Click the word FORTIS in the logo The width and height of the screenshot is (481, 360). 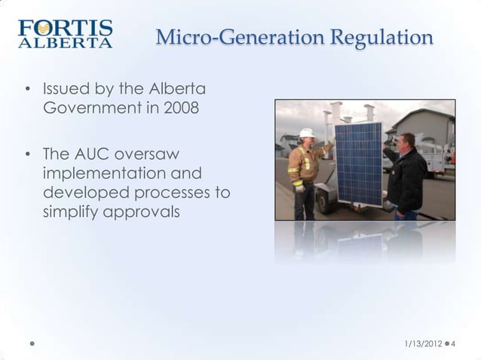tap(65, 29)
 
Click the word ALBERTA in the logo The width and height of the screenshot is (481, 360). tap(65, 43)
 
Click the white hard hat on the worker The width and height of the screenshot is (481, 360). tap(306, 133)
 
